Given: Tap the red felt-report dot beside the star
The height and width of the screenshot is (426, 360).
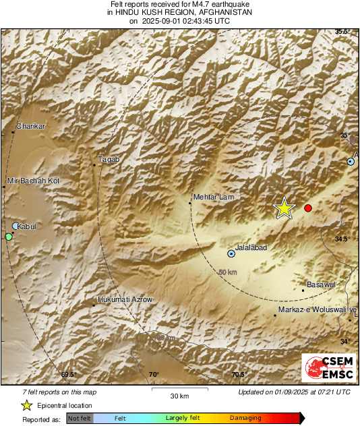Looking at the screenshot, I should point(308,208).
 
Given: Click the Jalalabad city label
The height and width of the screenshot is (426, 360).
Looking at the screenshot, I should point(251,247).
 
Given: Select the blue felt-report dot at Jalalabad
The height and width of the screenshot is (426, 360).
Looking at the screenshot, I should point(231,254).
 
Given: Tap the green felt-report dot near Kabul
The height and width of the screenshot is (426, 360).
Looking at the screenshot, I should point(9,237).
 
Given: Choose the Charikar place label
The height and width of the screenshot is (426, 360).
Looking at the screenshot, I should point(30,126).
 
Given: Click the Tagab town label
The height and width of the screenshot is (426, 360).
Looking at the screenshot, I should point(109,159).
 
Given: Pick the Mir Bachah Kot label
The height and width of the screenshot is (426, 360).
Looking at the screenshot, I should point(34,181).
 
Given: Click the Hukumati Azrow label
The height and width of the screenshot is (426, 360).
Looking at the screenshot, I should point(125,299).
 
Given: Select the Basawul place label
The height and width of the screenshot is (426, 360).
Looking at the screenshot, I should point(321,285).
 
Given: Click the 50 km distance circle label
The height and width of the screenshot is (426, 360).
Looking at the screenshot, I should point(228,272).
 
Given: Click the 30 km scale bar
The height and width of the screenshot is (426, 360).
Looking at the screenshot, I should point(179,389).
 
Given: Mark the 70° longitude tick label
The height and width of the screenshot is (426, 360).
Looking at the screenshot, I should point(154,375).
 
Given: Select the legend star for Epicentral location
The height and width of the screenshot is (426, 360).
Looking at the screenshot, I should point(26,405).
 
